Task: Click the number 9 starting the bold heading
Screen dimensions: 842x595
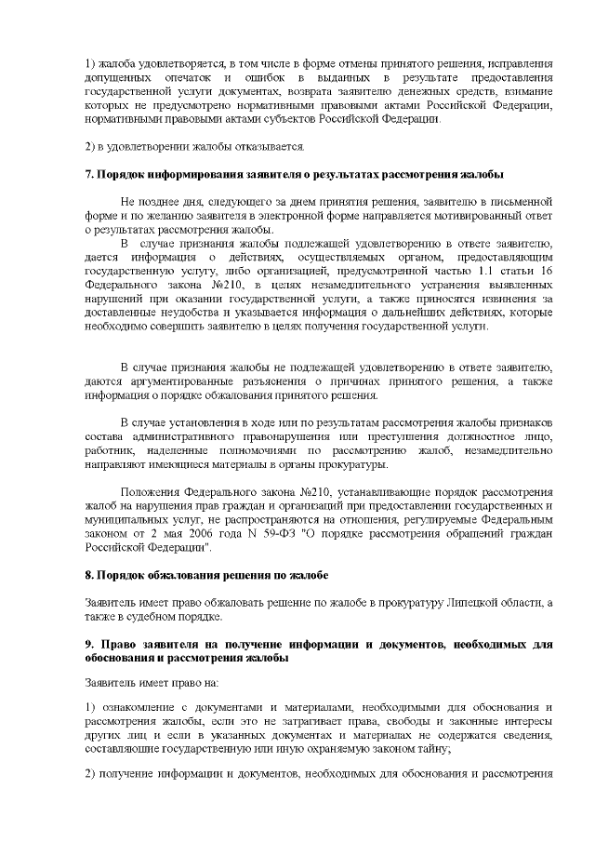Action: pos(88,644)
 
